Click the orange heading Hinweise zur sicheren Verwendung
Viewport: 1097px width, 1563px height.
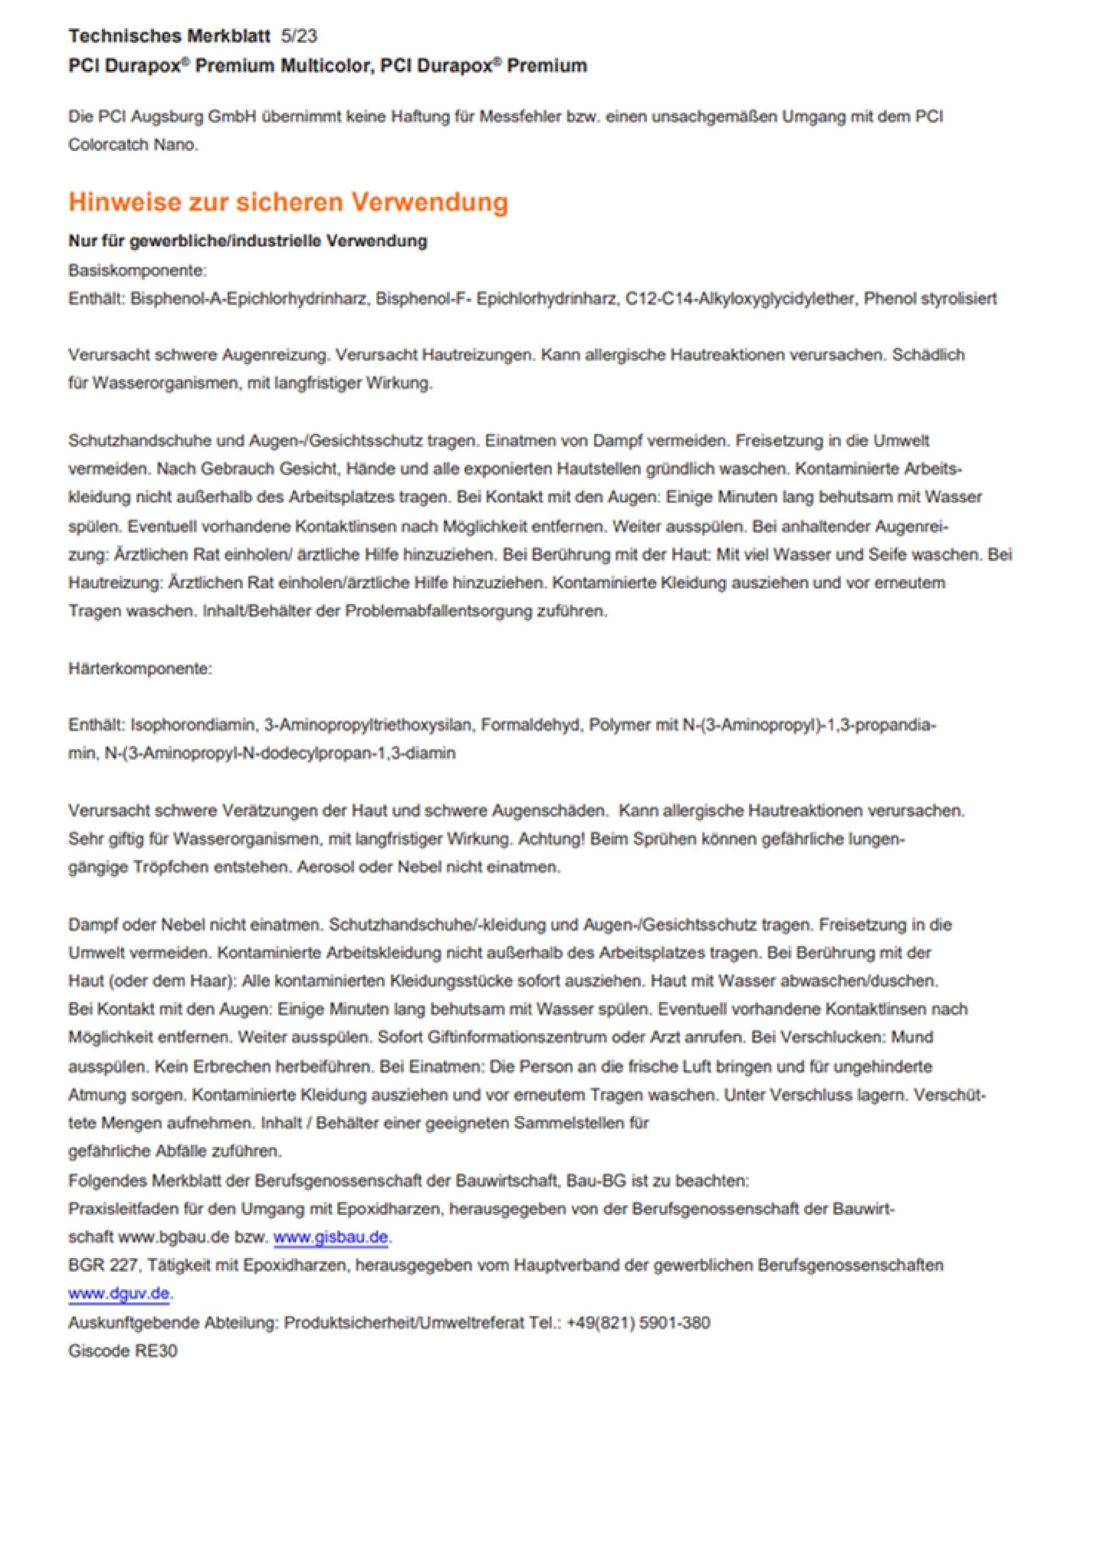coord(288,202)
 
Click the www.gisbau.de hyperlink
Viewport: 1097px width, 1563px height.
coord(331,1237)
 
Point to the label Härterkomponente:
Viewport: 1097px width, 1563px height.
coord(140,668)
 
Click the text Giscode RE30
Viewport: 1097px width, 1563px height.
coord(122,1350)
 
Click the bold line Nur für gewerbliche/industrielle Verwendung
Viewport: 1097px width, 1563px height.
coord(248,241)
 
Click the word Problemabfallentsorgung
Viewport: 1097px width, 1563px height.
coord(438,611)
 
